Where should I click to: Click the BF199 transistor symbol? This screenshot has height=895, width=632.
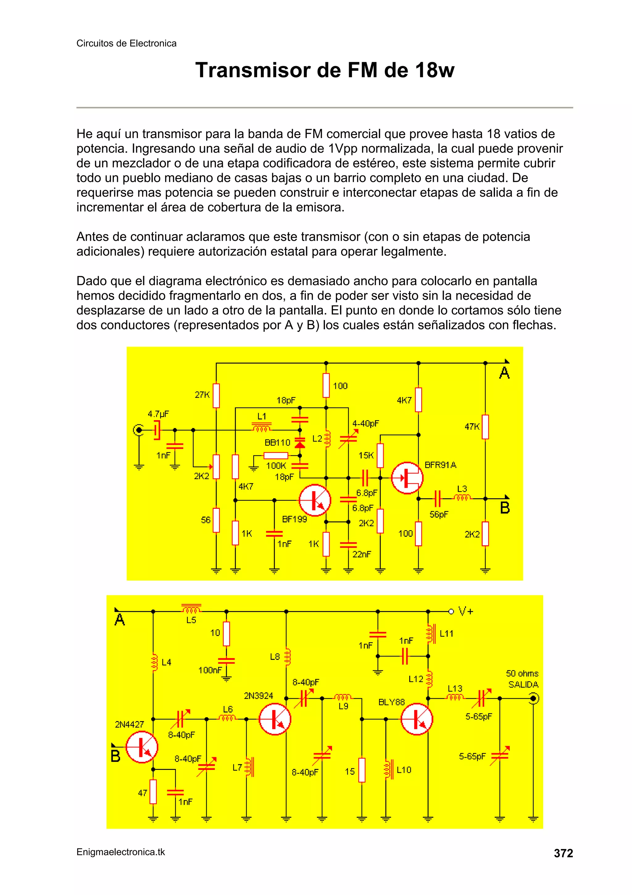(x=315, y=500)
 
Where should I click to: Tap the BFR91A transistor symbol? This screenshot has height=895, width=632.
(x=407, y=478)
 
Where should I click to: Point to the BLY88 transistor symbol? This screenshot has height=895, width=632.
(x=417, y=719)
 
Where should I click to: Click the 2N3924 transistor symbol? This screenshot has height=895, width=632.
(x=275, y=719)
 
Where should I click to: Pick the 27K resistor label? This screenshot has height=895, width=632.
(x=202, y=395)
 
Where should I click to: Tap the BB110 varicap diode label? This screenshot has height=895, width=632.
(x=277, y=442)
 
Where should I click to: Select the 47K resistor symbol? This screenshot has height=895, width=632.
(x=485, y=427)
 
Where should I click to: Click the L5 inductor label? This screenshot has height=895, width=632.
(x=191, y=620)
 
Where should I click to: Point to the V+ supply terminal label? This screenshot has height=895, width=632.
(x=466, y=611)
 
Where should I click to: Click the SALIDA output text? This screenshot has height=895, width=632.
(x=523, y=685)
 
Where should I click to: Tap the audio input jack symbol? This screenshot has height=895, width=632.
(x=138, y=430)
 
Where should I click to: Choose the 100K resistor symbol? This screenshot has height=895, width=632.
(x=276, y=456)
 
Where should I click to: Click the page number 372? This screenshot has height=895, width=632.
(x=563, y=853)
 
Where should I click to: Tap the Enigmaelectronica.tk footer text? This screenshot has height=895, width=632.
(x=121, y=852)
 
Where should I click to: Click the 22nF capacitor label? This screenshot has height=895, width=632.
(x=362, y=554)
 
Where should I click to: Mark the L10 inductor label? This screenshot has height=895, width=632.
(x=404, y=770)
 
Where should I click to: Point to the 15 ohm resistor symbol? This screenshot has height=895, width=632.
(x=362, y=770)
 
